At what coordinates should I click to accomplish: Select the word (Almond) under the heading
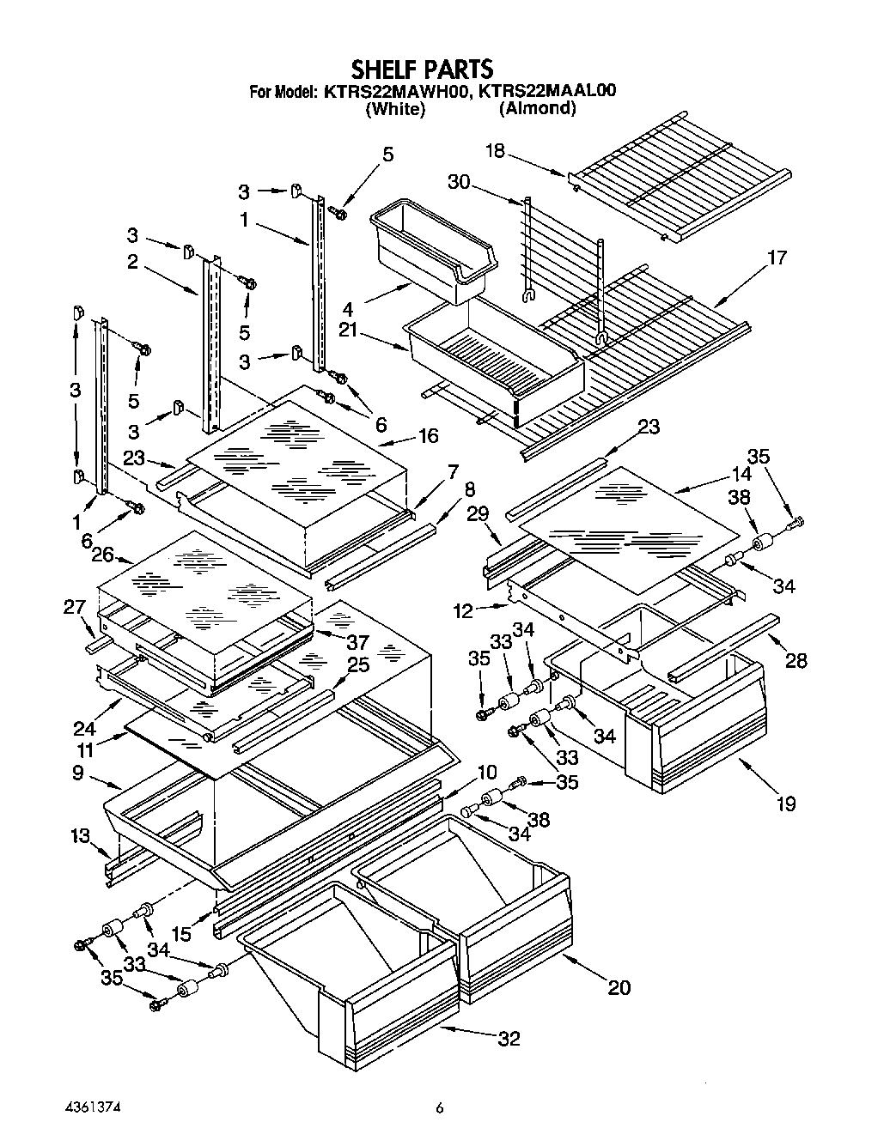pos(537,108)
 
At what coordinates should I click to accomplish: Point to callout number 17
pos(776,257)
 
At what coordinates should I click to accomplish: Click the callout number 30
pos(460,182)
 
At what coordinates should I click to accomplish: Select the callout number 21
pos(373,331)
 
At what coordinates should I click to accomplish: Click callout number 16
pos(429,436)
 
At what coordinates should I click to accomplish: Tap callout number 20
pos(619,987)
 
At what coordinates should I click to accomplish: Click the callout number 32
pos(509,1038)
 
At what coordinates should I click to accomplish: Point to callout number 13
pos(78,837)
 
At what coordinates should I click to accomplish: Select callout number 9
pos(78,773)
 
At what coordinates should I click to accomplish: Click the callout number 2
pos(132,261)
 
